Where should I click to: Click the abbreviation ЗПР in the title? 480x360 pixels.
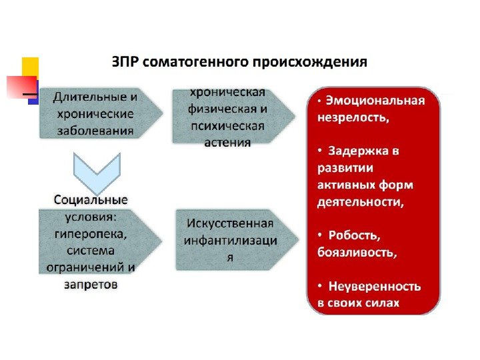(125, 63)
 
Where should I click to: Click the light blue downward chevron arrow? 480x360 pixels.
(97, 171)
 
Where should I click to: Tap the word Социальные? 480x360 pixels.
(91, 199)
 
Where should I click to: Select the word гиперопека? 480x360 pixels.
(87, 233)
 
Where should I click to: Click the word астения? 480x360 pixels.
(228, 142)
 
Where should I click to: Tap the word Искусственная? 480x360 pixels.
(230, 223)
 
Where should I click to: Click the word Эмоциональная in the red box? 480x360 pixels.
(376, 101)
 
